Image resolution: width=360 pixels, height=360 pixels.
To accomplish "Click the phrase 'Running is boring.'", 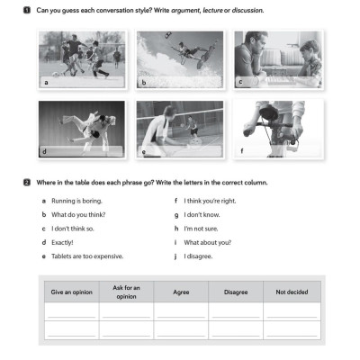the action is pos(73,201).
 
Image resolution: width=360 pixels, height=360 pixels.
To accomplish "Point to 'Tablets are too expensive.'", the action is pos(86,256).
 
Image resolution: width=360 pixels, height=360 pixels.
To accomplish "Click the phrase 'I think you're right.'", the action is pos(210,201).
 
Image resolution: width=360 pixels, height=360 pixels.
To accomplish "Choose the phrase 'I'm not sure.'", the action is pos(201,229).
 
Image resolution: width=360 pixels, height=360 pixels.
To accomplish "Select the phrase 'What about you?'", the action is pos(206,242).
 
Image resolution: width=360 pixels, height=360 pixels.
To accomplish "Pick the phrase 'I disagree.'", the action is pos(198,256).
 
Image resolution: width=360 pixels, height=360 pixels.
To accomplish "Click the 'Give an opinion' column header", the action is pos(71,292).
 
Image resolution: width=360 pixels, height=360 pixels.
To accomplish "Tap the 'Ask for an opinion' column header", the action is pos(126,292).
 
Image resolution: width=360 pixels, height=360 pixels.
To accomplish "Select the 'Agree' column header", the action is pos(181,292).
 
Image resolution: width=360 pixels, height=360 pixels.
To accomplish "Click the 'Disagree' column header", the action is pos(235,292).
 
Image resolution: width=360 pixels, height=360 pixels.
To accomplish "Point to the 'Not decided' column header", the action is pos(291,292).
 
